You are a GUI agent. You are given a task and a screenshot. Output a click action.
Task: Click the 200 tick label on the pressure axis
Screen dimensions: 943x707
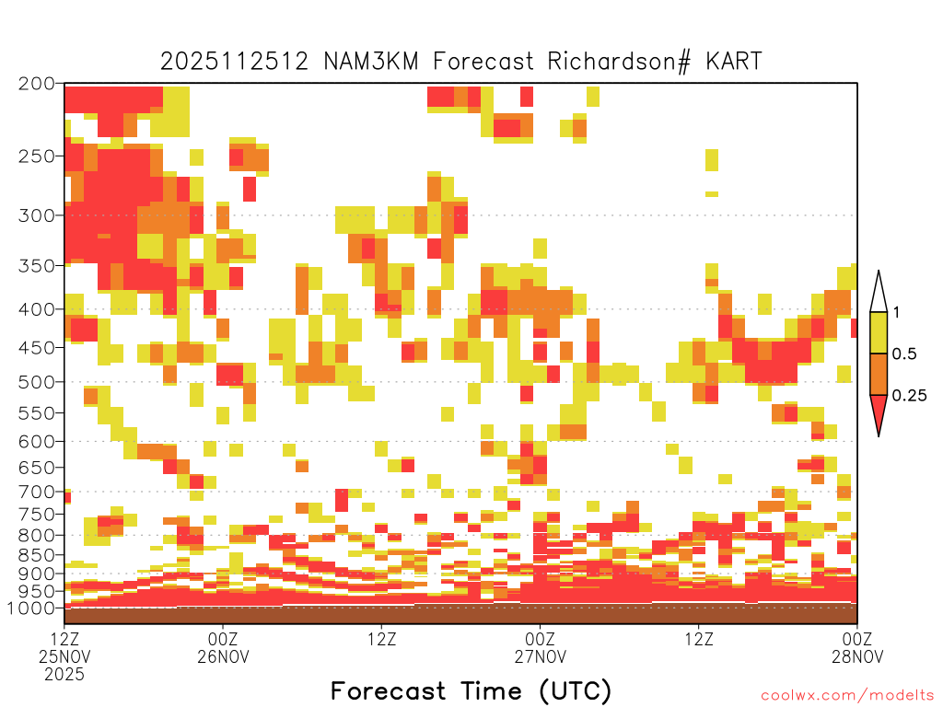pos(37,84)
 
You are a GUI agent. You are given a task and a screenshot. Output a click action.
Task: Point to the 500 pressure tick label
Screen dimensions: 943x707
pos(37,382)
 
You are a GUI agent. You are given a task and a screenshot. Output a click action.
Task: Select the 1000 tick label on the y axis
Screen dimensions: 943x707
pos(31,608)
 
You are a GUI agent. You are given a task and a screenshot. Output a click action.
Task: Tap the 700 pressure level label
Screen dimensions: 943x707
pos(37,492)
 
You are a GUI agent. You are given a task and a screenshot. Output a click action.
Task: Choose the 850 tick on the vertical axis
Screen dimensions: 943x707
pos(37,554)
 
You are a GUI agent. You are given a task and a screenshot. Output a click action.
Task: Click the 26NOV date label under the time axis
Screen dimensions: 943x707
pos(223,656)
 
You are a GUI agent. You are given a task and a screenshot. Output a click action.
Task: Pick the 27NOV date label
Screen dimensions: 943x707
pos(540,656)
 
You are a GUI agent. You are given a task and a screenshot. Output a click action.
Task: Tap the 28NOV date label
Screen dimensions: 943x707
pos(857,656)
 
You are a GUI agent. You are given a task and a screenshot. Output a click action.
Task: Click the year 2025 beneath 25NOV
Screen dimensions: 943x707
pos(64,675)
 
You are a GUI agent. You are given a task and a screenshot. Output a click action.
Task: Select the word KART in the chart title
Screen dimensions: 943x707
pos(734,62)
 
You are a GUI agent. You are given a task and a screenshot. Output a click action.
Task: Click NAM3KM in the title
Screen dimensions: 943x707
pos(371,62)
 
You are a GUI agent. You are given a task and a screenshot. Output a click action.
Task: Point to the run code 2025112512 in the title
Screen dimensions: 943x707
pos(235,62)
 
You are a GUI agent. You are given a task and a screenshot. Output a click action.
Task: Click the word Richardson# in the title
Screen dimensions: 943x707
pos(620,62)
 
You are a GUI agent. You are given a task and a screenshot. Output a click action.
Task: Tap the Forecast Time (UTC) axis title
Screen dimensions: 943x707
pos(471,690)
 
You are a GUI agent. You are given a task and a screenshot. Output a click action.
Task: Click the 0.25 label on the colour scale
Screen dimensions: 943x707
pos(909,396)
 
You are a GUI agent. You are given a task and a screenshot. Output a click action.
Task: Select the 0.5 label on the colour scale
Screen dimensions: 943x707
pos(904,353)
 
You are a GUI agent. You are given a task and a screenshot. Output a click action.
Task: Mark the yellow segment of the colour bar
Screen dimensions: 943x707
pos(879,332)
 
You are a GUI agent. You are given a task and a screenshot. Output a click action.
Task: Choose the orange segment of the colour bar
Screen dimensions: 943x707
pos(879,374)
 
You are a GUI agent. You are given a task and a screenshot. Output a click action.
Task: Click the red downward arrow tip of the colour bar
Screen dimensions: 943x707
pos(879,435)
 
